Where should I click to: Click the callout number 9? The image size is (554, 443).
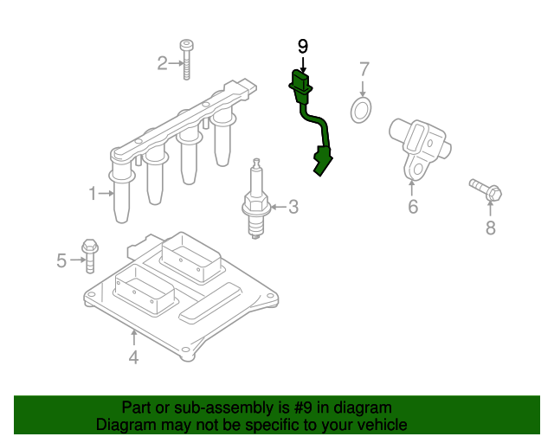302,47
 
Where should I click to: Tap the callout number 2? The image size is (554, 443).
162,62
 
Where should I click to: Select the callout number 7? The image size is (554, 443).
364,68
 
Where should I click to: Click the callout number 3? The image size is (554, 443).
293,207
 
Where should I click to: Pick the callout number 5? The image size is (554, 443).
61,260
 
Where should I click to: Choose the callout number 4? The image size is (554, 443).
133,356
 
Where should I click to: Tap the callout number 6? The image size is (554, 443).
413,206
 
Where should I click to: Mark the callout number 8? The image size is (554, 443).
490,228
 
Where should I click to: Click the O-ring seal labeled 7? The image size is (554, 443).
361,110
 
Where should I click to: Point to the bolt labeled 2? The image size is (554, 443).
186,59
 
